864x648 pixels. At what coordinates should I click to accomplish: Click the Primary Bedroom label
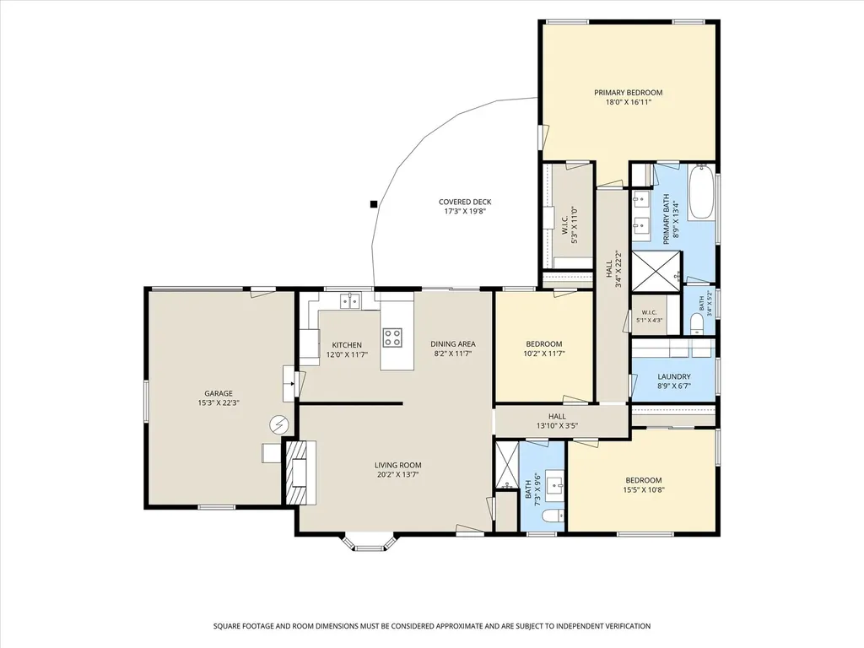point(628,93)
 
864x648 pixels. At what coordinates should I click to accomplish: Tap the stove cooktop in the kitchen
point(392,337)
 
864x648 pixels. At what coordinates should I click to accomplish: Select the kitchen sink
point(350,301)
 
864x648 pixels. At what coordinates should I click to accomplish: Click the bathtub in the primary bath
point(701,192)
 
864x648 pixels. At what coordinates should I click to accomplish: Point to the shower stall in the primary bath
point(656,271)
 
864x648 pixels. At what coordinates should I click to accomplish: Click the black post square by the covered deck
point(374,204)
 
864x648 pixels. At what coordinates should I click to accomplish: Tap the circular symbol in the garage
point(278,424)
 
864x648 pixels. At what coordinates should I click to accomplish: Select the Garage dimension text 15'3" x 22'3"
point(219,402)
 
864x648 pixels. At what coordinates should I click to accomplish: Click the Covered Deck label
point(465,202)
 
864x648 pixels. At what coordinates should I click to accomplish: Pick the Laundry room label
point(674,377)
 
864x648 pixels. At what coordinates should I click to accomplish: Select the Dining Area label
point(453,344)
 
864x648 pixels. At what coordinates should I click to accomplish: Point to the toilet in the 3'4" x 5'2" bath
point(696,324)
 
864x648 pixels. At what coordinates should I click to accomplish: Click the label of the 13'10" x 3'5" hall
point(557,417)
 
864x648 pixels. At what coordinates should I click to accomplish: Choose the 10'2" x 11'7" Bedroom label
point(544,344)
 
